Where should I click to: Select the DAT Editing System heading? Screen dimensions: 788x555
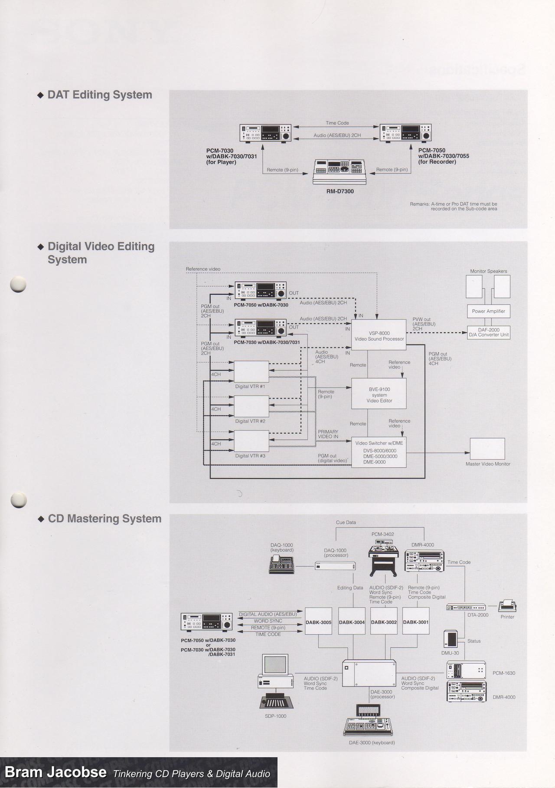click(x=99, y=95)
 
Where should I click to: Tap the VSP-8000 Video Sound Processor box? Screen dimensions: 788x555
click(x=379, y=336)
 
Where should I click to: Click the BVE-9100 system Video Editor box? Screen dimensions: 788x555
click(x=379, y=394)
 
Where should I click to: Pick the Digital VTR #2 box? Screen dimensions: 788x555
click(x=251, y=406)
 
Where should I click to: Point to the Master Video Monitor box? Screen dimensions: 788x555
click(x=487, y=449)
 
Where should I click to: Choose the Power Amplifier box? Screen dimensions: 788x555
click(x=488, y=311)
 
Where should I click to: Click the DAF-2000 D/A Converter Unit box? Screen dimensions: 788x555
click(x=488, y=332)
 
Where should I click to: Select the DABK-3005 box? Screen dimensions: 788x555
click(x=318, y=622)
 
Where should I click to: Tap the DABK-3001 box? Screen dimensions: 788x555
click(x=416, y=622)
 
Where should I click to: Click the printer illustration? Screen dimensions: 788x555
click(x=507, y=606)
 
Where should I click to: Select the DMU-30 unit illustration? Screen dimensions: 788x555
click(x=451, y=639)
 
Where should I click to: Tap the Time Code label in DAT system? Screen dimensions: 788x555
click(x=337, y=123)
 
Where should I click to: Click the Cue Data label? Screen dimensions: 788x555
click(x=346, y=522)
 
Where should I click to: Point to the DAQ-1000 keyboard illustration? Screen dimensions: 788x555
click(x=281, y=565)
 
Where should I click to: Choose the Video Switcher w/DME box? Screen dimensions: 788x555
click(x=379, y=452)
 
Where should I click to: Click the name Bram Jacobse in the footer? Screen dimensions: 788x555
click(x=55, y=772)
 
